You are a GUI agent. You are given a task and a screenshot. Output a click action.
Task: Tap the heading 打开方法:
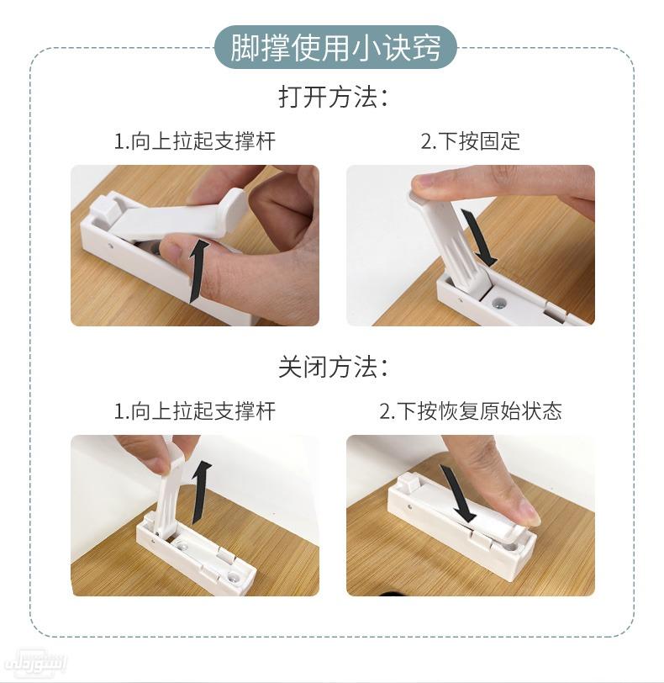tap(333, 97)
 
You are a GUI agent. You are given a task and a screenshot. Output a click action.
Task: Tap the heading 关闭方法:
tap(333, 367)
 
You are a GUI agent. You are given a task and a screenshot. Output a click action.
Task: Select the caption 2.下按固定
tap(470, 140)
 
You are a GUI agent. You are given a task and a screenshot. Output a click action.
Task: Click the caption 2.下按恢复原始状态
tap(470, 411)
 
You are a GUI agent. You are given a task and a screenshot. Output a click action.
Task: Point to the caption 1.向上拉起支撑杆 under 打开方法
tap(194, 140)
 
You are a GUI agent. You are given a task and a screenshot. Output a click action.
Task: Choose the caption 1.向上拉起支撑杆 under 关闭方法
tap(194, 411)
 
